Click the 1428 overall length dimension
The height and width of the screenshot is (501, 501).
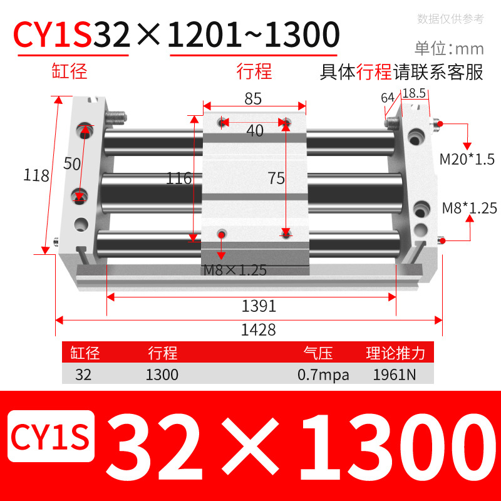click(258, 329)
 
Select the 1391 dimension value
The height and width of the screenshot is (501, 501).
click(259, 306)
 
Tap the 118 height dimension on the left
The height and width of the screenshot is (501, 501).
click(37, 175)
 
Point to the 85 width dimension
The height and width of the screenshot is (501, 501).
click(253, 98)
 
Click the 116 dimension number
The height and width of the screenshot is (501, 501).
click(178, 178)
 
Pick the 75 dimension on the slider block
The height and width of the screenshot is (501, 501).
click(276, 178)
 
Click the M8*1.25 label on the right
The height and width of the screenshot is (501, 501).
click(469, 207)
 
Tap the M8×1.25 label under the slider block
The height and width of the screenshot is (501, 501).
click(235, 271)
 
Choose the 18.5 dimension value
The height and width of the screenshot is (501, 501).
click(414, 93)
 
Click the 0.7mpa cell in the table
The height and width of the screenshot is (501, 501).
click(324, 375)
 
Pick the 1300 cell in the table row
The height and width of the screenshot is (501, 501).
click(162, 375)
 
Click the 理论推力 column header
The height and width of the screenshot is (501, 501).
click(395, 353)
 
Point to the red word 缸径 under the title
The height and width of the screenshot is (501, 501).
click(69, 71)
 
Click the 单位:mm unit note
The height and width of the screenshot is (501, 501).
click(449, 48)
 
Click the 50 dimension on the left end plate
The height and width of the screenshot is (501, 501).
click(73, 163)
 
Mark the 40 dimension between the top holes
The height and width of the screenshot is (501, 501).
click(255, 131)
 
